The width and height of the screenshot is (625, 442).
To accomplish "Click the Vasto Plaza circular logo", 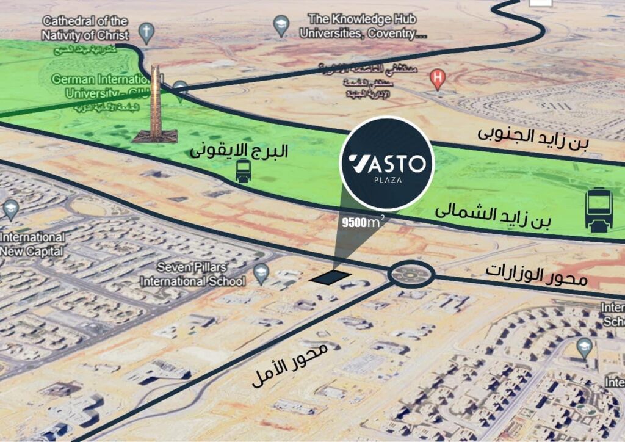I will (x=387, y=163).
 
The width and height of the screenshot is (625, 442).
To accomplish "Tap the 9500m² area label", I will (x=364, y=222).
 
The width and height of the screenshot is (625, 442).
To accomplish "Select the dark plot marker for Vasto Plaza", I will (x=330, y=277).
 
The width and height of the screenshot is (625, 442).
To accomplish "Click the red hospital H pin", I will (x=437, y=78).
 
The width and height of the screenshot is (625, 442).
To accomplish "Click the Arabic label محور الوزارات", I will (x=536, y=275).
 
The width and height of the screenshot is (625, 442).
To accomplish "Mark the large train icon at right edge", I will (x=599, y=210).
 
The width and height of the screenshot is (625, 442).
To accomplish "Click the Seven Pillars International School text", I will (x=192, y=274).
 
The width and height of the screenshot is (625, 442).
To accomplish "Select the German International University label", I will (x=101, y=86).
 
